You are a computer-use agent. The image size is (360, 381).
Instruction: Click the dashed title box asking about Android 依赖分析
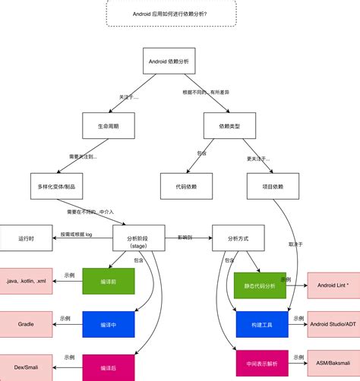[172, 14]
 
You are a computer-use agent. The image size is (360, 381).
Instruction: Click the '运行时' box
[27, 238]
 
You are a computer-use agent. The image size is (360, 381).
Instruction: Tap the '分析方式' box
[239, 238]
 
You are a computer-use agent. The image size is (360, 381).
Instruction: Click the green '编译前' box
[108, 281]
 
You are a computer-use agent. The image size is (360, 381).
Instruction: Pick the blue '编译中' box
[108, 324]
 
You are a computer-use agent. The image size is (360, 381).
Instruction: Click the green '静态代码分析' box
[260, 285]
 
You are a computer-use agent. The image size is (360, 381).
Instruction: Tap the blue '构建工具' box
[262, 324]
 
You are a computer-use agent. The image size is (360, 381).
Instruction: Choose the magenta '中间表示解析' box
[262, 363]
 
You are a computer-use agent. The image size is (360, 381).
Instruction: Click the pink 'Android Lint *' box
[332, 285]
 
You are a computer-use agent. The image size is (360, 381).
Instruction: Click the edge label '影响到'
[185, 237]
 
